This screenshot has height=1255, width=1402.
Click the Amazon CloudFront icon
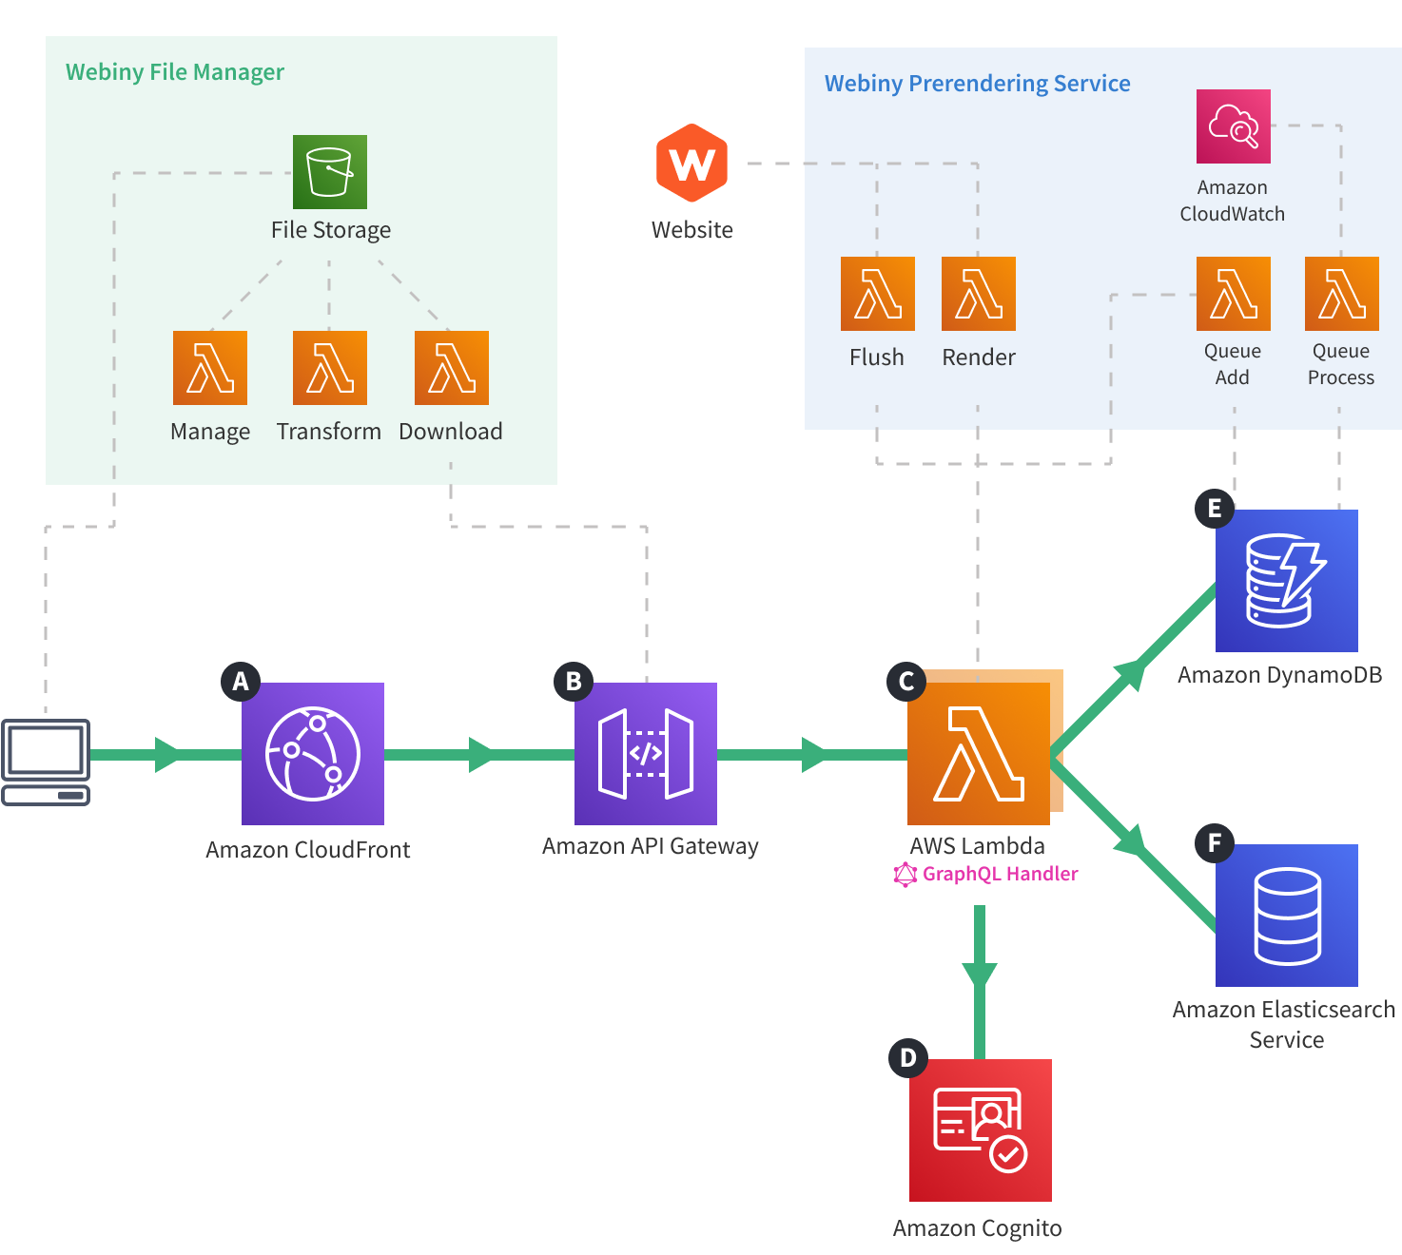click(x=313, y=753)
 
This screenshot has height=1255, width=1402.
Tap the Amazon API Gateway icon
click(x=646, y=753)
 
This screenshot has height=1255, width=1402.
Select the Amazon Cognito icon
click(x=980, y=1129)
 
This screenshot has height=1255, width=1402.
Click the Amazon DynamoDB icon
click(x=1286, y=581)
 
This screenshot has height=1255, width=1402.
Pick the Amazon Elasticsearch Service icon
click(x=1286, y=915)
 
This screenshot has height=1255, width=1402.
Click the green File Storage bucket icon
click(x=329, y=172)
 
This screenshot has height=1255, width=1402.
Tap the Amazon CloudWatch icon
click(x=1233, y=126)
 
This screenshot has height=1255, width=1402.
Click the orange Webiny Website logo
click(x=691, y=163)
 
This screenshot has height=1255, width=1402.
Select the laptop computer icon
click(x=46, y=762)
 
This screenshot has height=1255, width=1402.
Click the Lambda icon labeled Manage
click(x=210, y=368)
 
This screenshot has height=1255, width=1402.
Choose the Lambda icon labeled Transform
click(x=329, y=368)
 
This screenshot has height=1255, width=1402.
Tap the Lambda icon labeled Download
click(x=451, y=368)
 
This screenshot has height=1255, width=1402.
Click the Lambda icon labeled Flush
click(x=877, y=294)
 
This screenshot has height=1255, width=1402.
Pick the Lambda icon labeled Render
click(x=978, y=294)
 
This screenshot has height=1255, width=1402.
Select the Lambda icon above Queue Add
click(x=1233, y=294)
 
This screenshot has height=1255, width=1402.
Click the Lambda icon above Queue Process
click(x=1341, y=294)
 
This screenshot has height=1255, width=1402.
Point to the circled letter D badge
click(x=907, y=1057)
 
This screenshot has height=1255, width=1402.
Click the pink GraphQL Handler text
click(x=999, y=874)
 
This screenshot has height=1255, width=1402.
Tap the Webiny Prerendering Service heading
click(x=977, y=84)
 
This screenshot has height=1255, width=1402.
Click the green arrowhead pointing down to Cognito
click(x=979, y=975)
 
